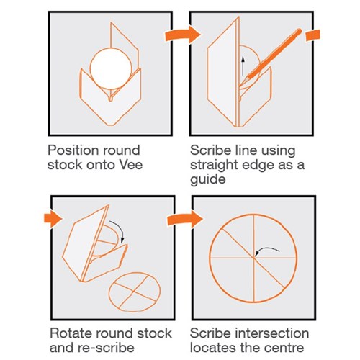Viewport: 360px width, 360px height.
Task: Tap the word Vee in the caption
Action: [131, 165]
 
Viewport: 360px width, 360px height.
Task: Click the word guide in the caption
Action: [208, 179]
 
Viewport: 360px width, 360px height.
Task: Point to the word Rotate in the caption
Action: [71, 333]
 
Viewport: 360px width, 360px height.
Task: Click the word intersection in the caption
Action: [271, 333]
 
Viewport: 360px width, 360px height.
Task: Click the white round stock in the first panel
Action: [111, 68]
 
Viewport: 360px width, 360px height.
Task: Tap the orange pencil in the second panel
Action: [274, 55]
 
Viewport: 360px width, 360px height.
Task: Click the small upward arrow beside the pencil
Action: [243, 66]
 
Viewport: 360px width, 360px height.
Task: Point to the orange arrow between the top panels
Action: [182, 35]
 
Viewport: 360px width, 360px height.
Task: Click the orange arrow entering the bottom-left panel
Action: [53, 219]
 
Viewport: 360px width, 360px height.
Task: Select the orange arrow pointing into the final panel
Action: [185, 219]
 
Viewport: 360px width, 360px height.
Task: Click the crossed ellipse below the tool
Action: [135, 292]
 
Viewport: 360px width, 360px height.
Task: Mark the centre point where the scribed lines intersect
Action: [254, 258]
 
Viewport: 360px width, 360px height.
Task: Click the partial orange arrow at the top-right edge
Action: [312, 35]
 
